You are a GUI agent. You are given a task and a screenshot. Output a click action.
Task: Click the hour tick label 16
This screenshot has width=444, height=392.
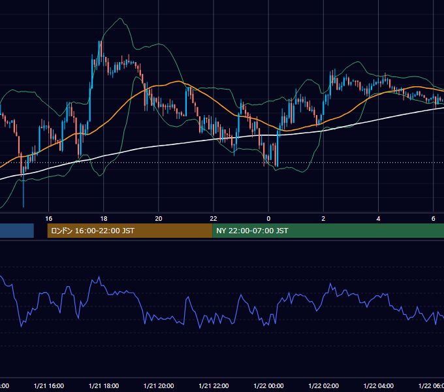point(49,219)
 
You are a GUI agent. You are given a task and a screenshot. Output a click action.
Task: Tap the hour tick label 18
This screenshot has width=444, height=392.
point(104,219)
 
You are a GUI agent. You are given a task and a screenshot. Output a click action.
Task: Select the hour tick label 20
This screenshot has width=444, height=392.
point(159,219)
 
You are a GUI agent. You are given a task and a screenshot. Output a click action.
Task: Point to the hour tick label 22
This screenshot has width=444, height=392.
point(214,219)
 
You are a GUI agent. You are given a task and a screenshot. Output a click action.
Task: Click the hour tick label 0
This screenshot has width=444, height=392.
point(268,219)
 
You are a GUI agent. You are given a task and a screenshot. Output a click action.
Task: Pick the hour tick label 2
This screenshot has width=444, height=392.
point(323,219)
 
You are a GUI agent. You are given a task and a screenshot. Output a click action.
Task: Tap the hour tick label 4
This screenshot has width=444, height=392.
point(378,219)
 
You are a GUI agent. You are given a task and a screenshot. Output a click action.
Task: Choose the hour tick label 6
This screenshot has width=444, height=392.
point(434,219)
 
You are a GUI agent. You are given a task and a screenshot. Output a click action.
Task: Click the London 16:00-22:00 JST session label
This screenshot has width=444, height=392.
point(93,231)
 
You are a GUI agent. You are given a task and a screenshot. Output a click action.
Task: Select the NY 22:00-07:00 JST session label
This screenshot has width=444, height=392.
point(252,231)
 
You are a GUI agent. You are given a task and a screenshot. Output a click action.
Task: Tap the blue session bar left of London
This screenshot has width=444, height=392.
point(17,231)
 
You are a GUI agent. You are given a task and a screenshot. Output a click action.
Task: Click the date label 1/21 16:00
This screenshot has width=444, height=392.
point(49,385)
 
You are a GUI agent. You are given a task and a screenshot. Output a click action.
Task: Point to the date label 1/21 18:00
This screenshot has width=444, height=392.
point(104,385)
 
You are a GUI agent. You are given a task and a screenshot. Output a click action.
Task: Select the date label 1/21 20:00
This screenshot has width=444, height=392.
point(159,385)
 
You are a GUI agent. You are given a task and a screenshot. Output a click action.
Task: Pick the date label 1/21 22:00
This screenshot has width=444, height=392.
point(214,385)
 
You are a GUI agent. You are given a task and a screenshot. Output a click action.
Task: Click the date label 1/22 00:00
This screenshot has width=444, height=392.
point(268,385)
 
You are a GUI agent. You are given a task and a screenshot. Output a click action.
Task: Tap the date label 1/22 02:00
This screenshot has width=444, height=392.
point(323,385)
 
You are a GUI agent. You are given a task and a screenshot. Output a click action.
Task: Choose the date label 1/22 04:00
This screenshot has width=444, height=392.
point(378,385)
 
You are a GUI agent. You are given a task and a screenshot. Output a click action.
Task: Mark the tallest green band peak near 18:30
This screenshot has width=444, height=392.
point(120,18)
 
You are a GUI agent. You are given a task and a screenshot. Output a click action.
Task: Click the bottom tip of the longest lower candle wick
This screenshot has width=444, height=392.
point(24,207)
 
